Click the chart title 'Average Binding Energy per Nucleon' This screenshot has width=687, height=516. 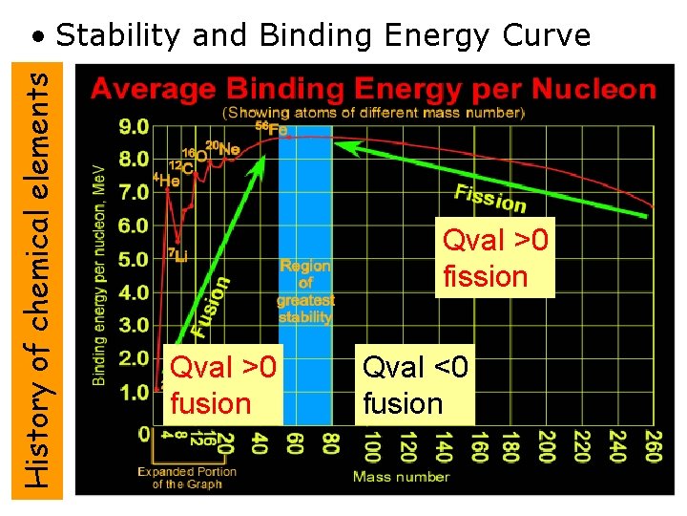[373, 90]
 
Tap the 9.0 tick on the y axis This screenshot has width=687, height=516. [135, 125]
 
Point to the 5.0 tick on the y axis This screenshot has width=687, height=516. [135, 259]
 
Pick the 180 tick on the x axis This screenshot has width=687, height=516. [511, 447]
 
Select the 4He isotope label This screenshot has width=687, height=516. [167, 179]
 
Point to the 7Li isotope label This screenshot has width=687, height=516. [177, 255]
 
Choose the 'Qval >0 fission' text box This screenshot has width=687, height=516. [495, 258]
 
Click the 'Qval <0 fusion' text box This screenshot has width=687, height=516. [416, 385]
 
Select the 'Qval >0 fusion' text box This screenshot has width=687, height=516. [222, 385]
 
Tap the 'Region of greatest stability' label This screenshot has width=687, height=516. [305, 290]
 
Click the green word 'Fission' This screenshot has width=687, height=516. [490, 198]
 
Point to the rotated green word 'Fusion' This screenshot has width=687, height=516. [211, 306]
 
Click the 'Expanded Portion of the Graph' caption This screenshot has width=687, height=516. [187, 477]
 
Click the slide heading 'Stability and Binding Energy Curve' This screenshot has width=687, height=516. [323, 35]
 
